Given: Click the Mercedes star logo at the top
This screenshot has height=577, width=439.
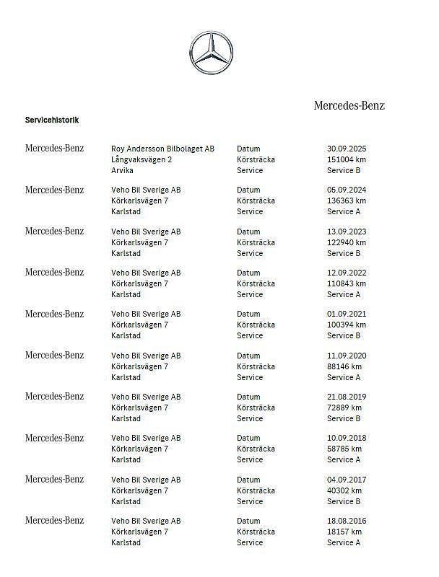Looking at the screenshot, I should (211, 52).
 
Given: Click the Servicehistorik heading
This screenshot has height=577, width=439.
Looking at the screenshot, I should (52, 120).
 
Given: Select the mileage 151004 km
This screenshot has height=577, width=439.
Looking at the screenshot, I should (347, 159).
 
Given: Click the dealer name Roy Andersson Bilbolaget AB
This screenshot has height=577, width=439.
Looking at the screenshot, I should (162, 149).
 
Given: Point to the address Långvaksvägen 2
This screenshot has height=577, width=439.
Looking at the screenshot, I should (142, 159).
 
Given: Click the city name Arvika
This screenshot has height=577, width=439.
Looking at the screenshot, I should (122, 170).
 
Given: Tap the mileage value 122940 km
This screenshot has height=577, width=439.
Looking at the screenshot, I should (347, 242).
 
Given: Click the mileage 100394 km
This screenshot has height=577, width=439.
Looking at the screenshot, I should (347, 325).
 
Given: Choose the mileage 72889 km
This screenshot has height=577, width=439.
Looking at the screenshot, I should (344, 408).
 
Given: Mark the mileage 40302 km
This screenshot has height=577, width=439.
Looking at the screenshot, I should (344, 490).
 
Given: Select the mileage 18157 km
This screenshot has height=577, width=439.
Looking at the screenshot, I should (344, 532).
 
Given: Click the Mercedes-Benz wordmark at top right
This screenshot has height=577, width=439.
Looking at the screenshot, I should (349, 105).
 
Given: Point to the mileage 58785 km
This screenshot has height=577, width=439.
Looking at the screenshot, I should (344, 449).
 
